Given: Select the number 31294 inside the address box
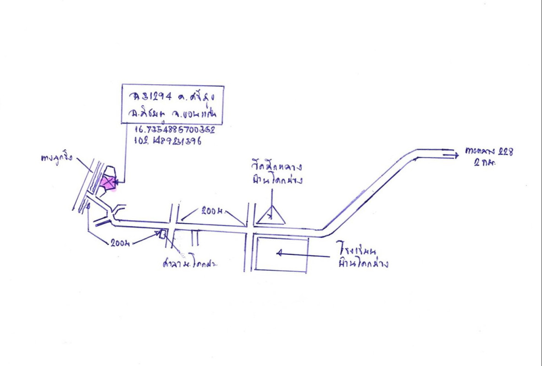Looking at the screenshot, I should tap(151, 97).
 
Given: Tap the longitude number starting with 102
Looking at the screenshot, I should tap(168, 141).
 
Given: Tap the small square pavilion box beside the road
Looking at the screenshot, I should tap(162, 234).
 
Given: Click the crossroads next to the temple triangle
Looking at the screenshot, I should tap(249, 229).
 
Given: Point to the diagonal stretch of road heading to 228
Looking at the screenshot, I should tap(371, 190).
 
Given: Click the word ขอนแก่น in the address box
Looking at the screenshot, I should tap(200, 113).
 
